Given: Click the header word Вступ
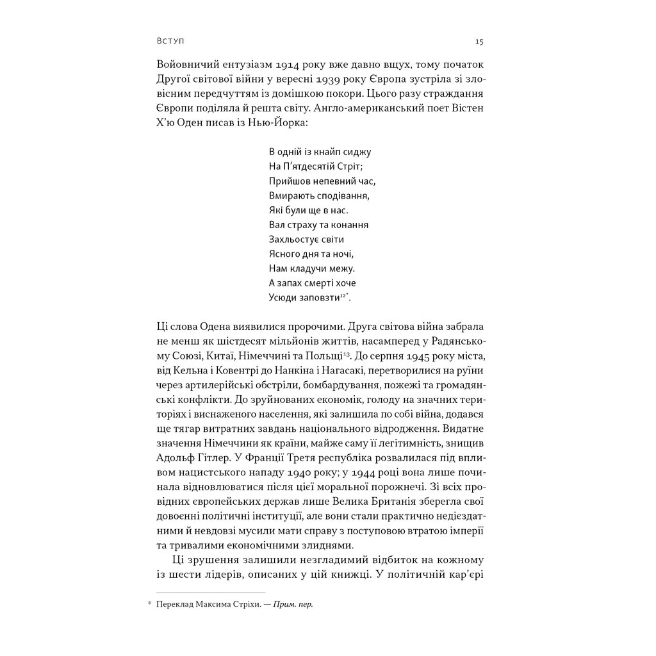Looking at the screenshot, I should pos(170,42).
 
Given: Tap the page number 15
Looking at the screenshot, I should pos(479,42).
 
